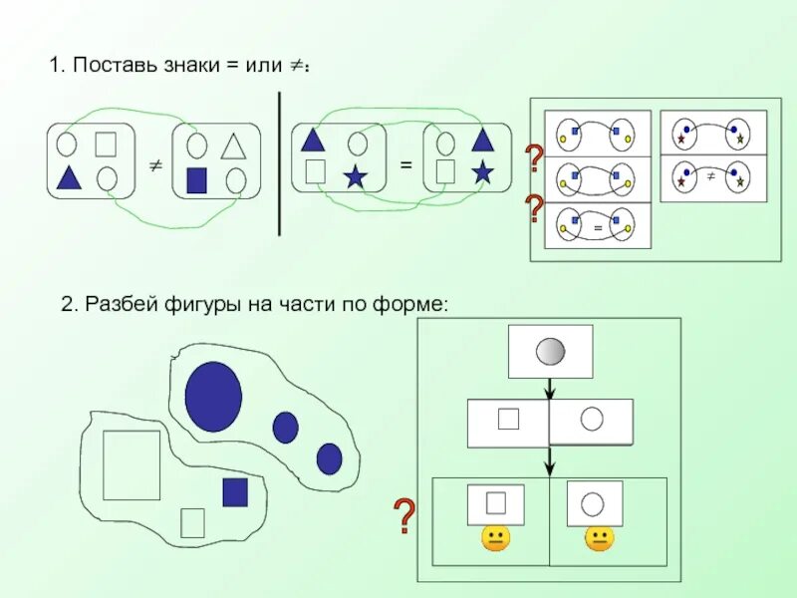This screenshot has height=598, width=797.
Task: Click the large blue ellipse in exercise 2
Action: pos(213,396)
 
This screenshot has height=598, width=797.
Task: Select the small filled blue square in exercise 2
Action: pos(235,492)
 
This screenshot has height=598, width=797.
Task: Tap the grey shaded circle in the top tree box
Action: pos(550,351)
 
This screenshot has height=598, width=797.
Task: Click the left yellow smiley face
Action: pos(495,539)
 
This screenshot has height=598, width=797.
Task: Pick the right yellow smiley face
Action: pos(599,539)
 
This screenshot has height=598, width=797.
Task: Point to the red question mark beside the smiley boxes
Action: pos(403,516)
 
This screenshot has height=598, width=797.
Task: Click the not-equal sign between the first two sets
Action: pos(155,165)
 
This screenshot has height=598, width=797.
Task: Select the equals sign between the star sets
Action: pos(405,164)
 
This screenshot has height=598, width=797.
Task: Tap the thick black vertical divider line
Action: pos(279,163)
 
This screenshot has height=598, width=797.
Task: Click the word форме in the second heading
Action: pos(418,303)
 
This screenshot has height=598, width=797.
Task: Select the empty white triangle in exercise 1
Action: pos(233,147)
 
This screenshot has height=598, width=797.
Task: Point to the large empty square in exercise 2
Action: pos(132,464)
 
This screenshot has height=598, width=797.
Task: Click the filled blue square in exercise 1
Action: pos(196,179)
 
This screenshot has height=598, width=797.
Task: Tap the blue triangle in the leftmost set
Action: pos(68,177)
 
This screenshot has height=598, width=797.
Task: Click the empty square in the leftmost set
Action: pos(107,145)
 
